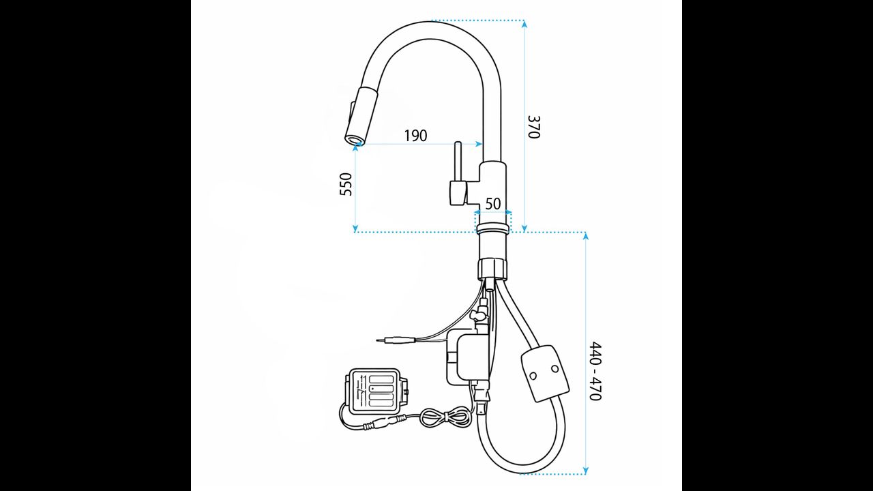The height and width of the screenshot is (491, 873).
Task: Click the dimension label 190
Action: tap(415, 136)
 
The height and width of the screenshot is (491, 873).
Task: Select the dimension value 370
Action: tap(533, 127)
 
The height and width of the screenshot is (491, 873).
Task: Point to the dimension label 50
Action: tap(493, 203)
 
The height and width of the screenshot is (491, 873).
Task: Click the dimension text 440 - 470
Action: tap(595, 371)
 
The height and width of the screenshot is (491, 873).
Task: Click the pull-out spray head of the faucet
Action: tap(361, 117)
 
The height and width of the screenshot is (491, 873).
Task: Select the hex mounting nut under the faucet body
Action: tap(493, 268)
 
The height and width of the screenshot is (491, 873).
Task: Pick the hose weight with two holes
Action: tap(545, 373)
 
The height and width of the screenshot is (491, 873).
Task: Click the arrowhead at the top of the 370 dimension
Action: tap(524, 23)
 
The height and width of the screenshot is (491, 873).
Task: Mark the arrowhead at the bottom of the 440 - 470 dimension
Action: tap(585, 471)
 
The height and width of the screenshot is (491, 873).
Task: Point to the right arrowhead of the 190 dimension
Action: tap(479, 144)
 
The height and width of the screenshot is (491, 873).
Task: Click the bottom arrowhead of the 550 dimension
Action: tap(355, 228)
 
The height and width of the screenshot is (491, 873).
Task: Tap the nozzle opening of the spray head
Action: tap(354, 140)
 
